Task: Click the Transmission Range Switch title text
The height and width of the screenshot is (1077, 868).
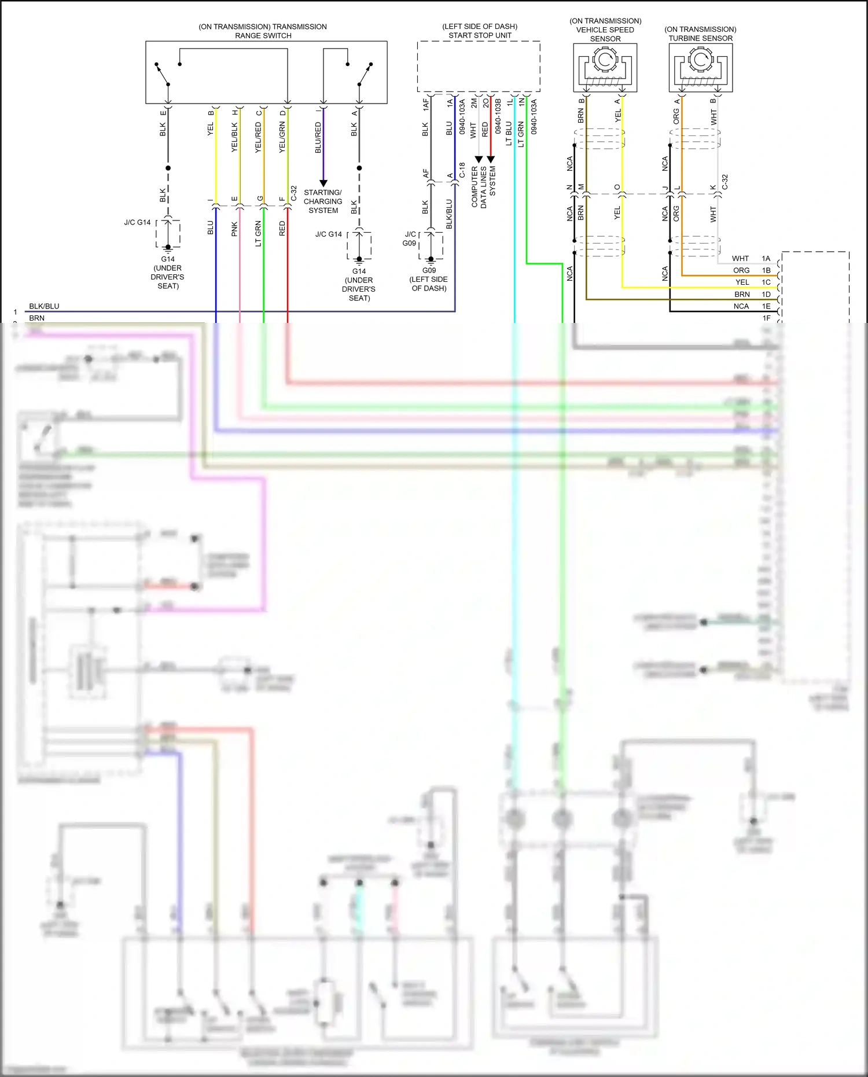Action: pyautogui.click(x=263, y=31)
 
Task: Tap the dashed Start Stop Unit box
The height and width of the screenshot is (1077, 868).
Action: pyautogui.click(x=479, y=67)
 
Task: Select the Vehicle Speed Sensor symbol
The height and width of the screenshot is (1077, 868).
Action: pyautogui.click(x=605, y=68)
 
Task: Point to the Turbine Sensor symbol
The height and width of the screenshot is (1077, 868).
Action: pyautogui.click(x=701, y=68)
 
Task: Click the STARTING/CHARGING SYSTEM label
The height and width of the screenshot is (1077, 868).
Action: pyautogui.click(x=323, y=201)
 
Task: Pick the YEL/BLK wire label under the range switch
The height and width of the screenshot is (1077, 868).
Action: pyautogui.click(x=234, y=137)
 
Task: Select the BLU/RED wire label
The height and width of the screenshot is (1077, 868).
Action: pyautogui.click(x=318, y=138)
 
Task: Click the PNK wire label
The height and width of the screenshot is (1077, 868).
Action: pyautogui.click(x=234, y=229)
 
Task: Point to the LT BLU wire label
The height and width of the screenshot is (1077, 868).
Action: pyautogui.click(x=509, y=133)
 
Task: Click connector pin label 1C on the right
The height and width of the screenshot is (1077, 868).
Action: pyautogui.click(x=766, y=282)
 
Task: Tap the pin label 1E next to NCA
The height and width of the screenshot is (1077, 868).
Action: pyautogui.click(x=766, y=306)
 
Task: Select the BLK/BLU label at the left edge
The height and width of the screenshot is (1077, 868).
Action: pyautogui.click(x=44, y=306)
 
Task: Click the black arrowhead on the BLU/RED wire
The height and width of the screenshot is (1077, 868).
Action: pyautogui.click(x=323, y=183)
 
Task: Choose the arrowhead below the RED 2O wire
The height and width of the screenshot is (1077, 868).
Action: pyautogui.click(x=491, y=159)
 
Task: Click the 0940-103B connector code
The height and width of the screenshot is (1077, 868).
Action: pyautogui.click(x=498, y=116)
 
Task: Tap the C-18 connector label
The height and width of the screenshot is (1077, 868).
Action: pyautogui.click(x=462, y=170)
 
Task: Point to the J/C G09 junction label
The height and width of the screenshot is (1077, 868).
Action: pyautogui.click(x=410, y=238)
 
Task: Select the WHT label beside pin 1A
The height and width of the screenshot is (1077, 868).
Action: pyautogui.click(x=740, y=259)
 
